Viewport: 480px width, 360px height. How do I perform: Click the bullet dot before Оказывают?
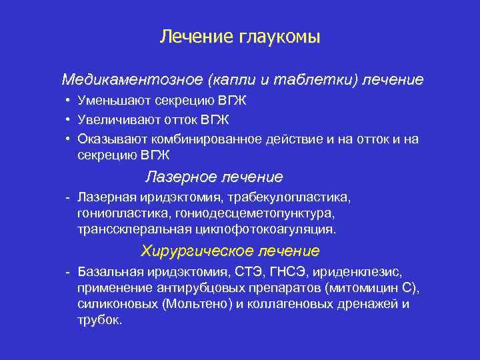tap(69, 138)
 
